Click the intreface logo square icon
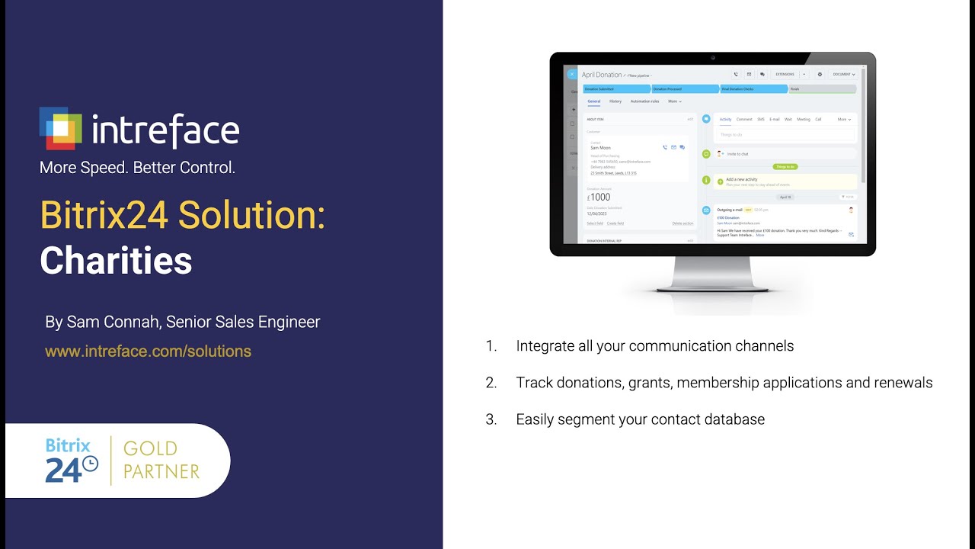point(60,128)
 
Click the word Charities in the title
point(116,261)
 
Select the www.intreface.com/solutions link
point(148,352)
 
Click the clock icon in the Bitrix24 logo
point(90,464)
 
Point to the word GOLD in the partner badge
point(150,448)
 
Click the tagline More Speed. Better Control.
point(137,168)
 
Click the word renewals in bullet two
point(901,383)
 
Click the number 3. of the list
point(491,419)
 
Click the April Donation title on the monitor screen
point(602,75)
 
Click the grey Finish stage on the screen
point(821,89)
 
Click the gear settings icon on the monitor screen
point(820,75)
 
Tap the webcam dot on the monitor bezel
point(713,57)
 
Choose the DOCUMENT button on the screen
point(843,75)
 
